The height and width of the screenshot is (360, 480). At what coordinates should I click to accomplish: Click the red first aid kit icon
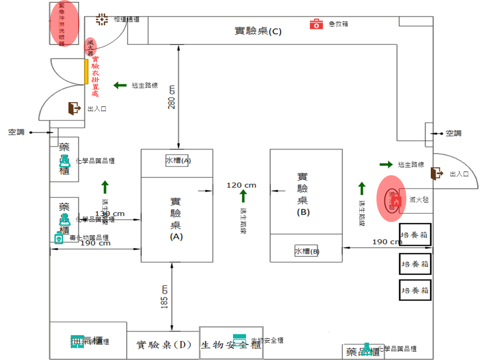click(316, 24)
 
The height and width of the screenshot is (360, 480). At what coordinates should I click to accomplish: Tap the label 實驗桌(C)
click(258, 31)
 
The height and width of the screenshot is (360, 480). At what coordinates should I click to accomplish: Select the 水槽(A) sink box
click(178, 160)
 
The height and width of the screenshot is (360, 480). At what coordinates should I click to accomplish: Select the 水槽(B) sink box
click(307, 251)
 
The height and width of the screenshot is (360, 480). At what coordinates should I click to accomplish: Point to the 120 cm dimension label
click(241, 185)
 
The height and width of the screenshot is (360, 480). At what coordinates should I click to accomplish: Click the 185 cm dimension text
click(165, 296)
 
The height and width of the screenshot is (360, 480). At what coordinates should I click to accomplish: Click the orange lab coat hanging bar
click(86, 72)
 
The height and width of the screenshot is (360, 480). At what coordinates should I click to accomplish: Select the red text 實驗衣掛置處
click(95, 76)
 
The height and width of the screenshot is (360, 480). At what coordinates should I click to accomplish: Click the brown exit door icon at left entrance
click(74, 108)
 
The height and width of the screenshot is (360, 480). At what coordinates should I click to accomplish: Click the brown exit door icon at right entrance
click(437, 173)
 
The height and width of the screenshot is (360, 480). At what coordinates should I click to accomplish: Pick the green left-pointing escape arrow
click(120, 85)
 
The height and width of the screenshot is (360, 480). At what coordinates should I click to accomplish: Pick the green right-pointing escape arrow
click(386, 165)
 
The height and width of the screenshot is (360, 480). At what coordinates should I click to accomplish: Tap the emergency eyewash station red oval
click(61, 24)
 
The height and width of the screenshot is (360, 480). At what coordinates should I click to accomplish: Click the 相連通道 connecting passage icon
click(102, 19)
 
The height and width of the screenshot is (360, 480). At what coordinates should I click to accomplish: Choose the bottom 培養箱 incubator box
click(415, 290)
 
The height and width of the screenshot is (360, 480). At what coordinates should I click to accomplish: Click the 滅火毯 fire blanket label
click(419, 200)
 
